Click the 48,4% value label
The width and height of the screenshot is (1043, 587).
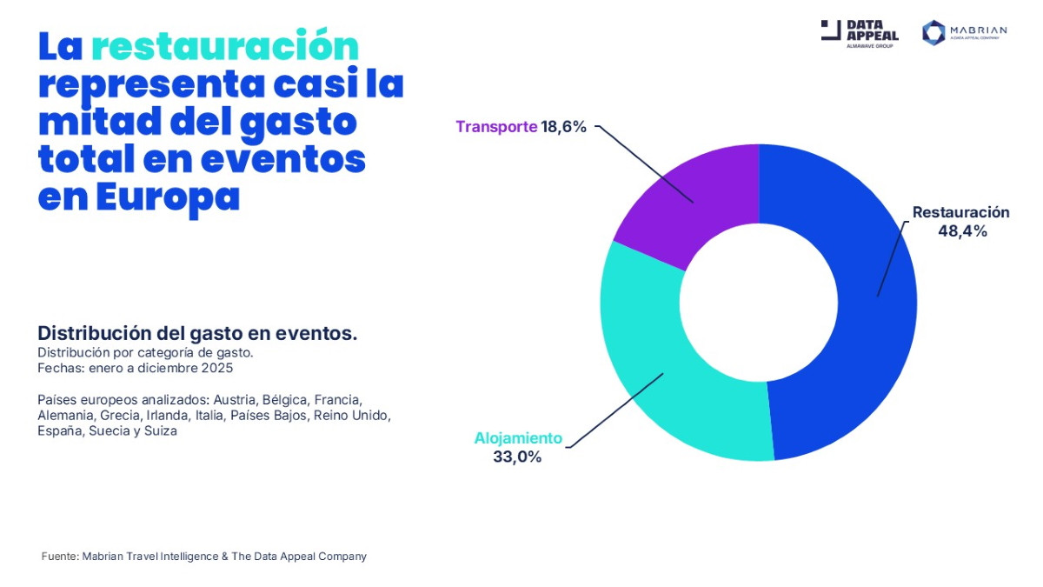(x=962, y=231)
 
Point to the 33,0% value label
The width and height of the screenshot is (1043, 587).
(x=517, y=457)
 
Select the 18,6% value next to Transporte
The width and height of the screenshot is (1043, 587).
(x=564, y=127)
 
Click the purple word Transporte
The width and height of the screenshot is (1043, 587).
(x=496, y=127)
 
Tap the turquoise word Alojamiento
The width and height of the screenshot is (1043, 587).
(x=518, y=438)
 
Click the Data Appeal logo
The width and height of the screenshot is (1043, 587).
(x=860, y=33)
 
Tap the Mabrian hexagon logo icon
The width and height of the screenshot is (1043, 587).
(x=933, y=33)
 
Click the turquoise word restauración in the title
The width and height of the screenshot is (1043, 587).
(x=224, y=46)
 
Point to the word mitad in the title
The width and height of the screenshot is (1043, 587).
(x=94, y=122)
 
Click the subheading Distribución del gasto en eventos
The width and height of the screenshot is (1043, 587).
(x=197, y=334)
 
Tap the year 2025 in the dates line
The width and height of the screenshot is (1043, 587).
(x=217, y=368)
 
